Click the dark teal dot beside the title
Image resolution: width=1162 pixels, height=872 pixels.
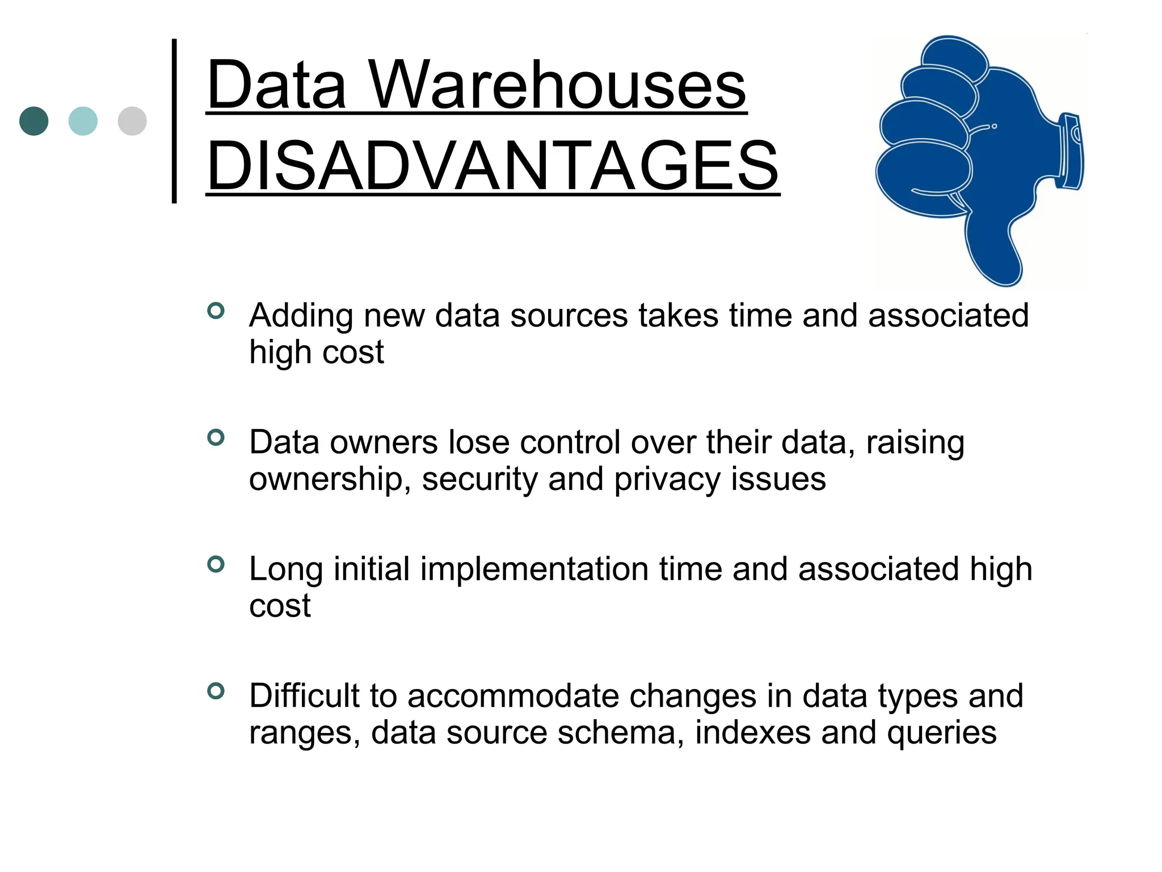point(33,121)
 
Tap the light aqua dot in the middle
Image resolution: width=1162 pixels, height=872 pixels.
point(83,121)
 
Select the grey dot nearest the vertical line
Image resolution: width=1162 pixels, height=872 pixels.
point(132,121)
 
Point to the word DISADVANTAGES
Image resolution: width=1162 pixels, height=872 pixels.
point(492,166)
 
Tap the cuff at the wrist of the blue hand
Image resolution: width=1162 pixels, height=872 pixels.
point(1071,151)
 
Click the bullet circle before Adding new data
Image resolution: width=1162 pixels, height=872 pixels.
point(216,311)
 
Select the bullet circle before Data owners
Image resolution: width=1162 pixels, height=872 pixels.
point(216,437)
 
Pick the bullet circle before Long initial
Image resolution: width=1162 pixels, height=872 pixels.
point(216,564)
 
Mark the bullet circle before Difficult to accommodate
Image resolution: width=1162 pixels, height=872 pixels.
point(216,691)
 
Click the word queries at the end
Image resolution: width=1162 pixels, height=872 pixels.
point(941,733)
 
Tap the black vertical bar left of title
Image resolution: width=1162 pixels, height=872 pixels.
point(174,121)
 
